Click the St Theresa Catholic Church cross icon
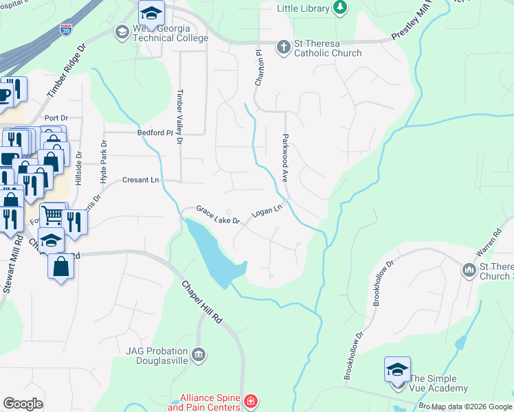coord(282,47)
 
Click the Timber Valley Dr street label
coord(180,117)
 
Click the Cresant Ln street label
coord(140,180)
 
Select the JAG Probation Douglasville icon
coord(199,354)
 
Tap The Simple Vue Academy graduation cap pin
coord(398,369)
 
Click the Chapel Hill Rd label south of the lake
coord(203,303)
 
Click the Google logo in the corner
coord(23,404)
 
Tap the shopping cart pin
coord(52,214)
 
